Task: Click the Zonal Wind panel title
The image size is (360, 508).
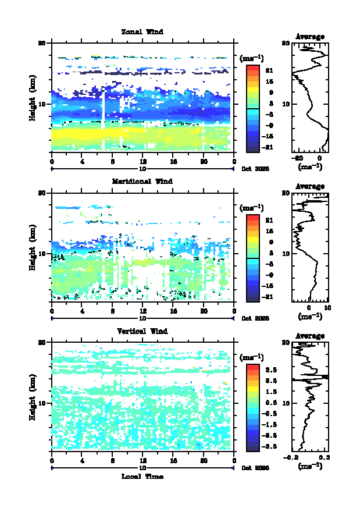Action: click(x=142, y=31)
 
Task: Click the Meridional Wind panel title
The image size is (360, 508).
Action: click(x=142, y=181)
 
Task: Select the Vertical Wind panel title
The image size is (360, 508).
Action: click(x=142, y=331)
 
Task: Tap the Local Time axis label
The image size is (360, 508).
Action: click(x=142, y=477)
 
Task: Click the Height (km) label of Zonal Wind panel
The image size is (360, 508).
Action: click(x=33, y=98)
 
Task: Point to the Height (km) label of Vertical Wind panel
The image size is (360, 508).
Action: click(x=33, y=397)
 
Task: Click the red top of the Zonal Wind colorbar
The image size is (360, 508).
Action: click(x=252, y=68)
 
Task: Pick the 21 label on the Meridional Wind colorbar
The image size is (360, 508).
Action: click(x=269, y=221)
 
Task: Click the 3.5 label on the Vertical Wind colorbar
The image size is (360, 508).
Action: click(x=270, y=370)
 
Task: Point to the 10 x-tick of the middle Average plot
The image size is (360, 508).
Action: click(x=327, y=308)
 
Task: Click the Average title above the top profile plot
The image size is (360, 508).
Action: click(x=311, y=37)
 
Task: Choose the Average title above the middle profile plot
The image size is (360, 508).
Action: click(x=311, y=186)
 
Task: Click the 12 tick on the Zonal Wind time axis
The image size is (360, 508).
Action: click(x=142, y=162)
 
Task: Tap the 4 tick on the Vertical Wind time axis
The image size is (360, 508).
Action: click(x=82, y=461)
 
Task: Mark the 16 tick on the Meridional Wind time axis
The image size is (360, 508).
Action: click(x=173, y=311)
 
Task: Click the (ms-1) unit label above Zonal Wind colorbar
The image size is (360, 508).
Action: click(x=252, y=58)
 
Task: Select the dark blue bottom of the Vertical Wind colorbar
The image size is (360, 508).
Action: click(x=252, y=447)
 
